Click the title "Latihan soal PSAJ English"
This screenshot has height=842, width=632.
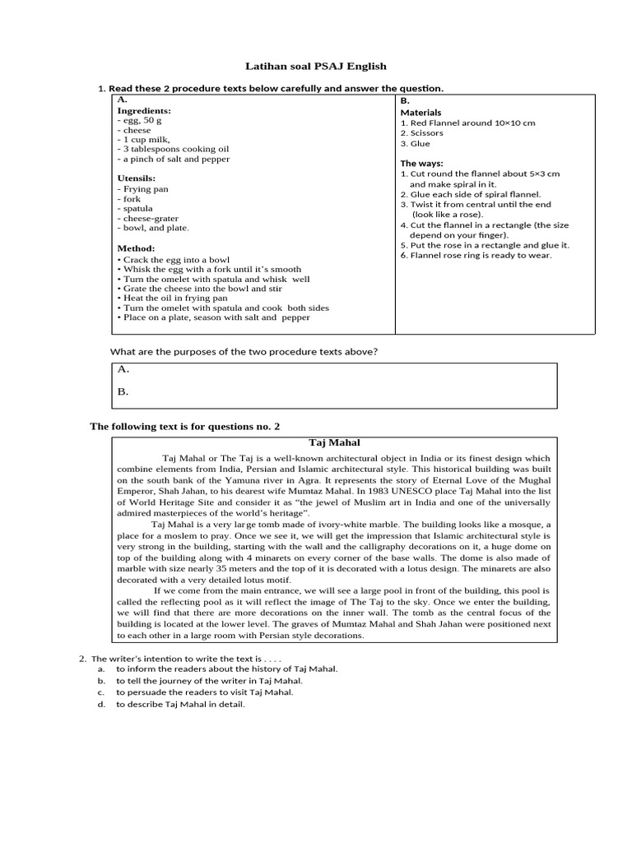tap(316, 66)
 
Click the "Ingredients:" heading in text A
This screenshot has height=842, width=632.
tap(144, 110)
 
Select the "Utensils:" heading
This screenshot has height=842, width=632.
tap(137, 178)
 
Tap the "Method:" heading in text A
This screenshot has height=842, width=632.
tap(136, 248)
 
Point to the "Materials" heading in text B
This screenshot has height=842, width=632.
tap(421, 113)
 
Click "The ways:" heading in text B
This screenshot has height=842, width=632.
tap(421, 164)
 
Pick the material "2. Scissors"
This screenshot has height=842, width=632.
tap(421, 132)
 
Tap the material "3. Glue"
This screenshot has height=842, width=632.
tap(416, 143)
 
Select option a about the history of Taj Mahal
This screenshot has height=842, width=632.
tap(226, 669)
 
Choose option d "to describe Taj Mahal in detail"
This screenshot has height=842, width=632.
tap(180, 704)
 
